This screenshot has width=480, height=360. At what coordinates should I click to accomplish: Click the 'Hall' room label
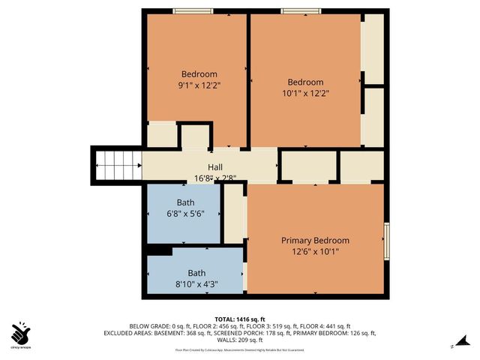214,167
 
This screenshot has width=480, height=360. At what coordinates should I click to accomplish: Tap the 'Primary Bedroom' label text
315,241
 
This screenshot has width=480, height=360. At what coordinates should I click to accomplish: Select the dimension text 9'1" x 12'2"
199,85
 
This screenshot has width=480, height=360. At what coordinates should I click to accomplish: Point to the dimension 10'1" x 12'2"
305,94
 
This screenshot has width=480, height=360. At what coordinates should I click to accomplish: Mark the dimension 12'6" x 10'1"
315,252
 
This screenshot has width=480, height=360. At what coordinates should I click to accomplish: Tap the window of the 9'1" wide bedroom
191,10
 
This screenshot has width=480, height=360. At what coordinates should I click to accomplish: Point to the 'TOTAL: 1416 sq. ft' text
240,319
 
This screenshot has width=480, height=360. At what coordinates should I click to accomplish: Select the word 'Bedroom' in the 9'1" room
199,74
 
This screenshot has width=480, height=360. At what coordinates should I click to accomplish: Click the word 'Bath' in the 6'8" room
185,203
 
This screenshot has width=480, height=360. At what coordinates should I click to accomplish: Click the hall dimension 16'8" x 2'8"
215,178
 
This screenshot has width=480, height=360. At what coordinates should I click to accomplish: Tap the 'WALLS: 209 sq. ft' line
240,340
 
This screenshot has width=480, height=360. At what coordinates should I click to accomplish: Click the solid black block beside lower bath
158,250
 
